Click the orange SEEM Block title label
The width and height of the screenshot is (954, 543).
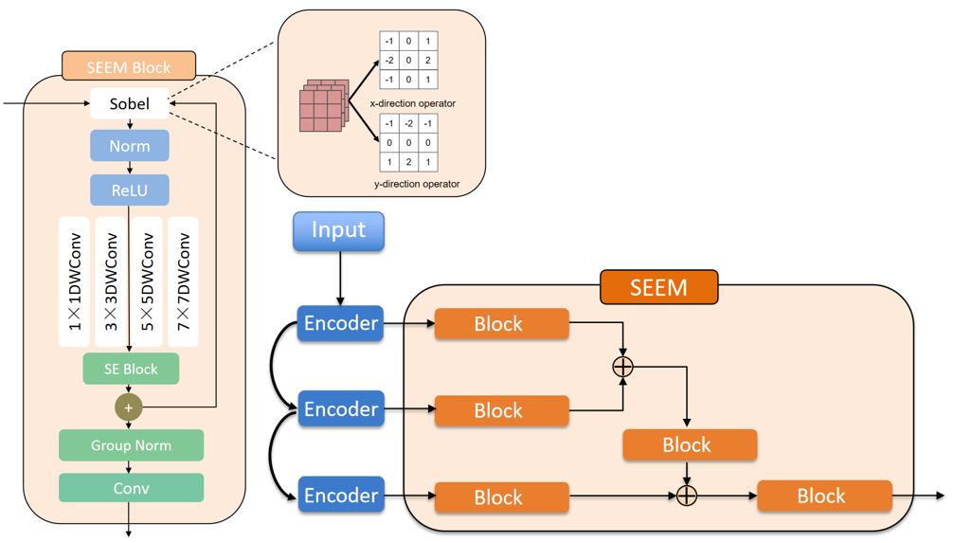point(129,67)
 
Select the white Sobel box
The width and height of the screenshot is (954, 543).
point(129,103)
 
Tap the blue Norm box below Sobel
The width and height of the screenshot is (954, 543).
point(129,146)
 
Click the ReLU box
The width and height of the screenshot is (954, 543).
point(129,190)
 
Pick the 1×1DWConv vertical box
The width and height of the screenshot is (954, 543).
point(74,281)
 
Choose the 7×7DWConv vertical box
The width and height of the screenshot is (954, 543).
point(183,281)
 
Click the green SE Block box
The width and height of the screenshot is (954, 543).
point(131,369)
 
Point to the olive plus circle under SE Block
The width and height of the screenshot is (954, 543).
point(129,407)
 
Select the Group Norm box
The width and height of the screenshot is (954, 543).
point(131,444)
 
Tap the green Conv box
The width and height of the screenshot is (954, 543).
point(131,488)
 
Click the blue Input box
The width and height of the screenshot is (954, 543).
point(338,231)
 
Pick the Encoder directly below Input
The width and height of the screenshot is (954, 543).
point(341,323)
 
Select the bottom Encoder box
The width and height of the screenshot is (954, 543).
point(341,496)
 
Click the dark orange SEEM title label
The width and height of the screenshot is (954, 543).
point(658,286)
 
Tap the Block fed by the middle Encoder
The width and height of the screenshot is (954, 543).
point(501,410)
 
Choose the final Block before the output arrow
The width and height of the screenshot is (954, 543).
point(823,496)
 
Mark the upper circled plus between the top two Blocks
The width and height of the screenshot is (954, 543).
point(622,367)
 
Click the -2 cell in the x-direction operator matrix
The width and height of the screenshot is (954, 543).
point(389,61)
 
